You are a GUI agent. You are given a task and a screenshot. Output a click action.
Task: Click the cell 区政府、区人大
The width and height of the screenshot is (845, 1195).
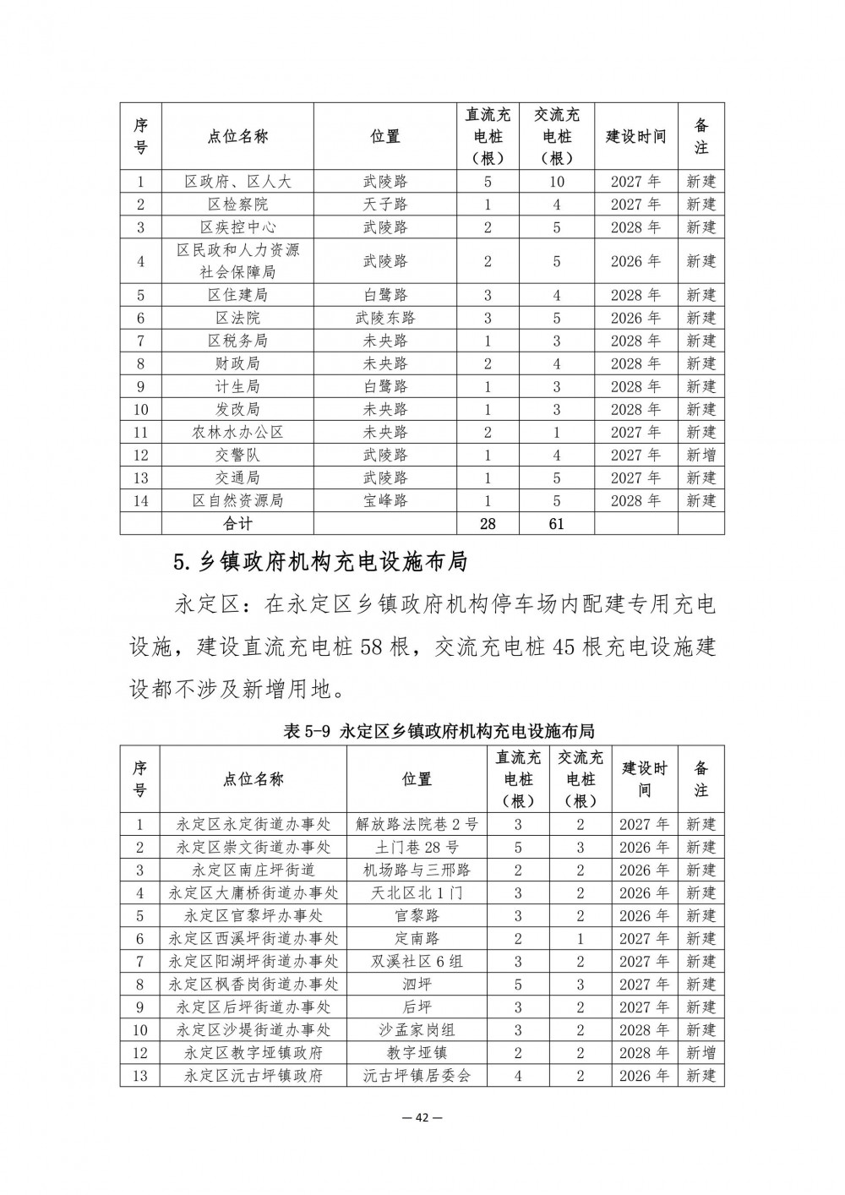coord(237,182)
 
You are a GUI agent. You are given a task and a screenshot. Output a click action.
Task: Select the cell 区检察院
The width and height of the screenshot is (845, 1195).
coord(237,205)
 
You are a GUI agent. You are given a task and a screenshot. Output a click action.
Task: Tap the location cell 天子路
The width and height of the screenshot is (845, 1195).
coord(385,205)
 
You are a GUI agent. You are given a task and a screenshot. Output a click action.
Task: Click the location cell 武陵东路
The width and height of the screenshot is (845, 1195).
coord(385,319)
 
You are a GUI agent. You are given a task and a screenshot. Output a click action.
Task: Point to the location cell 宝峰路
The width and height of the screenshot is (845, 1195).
coord(385,501)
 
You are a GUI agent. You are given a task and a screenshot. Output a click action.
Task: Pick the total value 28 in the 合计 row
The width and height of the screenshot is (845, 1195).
coord(488,524)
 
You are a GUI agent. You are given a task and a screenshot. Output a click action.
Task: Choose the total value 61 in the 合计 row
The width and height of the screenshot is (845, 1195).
coord(556,524)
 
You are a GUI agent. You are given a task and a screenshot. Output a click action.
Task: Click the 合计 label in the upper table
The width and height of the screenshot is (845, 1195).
coord(237,524)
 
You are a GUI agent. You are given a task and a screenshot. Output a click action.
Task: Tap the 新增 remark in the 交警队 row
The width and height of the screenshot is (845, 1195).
coord(701,456)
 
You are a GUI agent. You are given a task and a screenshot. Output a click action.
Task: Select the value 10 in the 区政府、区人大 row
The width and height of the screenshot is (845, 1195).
coord(556,182)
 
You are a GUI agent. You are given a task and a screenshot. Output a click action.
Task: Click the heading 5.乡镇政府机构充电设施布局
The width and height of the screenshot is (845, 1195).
coord(319,562)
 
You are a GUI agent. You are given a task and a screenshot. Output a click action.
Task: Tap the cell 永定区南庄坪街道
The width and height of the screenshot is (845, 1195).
coord(253,870)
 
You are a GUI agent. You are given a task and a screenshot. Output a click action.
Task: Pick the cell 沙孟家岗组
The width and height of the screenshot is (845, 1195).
coord(417,1030)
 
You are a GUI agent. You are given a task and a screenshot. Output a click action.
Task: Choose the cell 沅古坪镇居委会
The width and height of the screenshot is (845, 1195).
coord(417,1076)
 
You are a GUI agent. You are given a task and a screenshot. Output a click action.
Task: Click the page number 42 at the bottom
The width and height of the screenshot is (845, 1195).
coord(422,1117)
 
